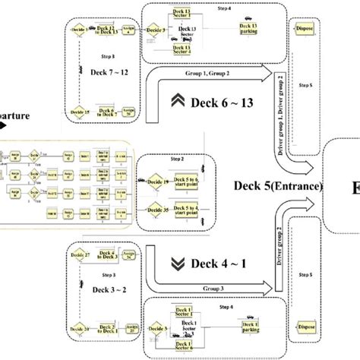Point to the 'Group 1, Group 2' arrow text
click(215, 74)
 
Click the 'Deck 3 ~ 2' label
click(102, 292)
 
